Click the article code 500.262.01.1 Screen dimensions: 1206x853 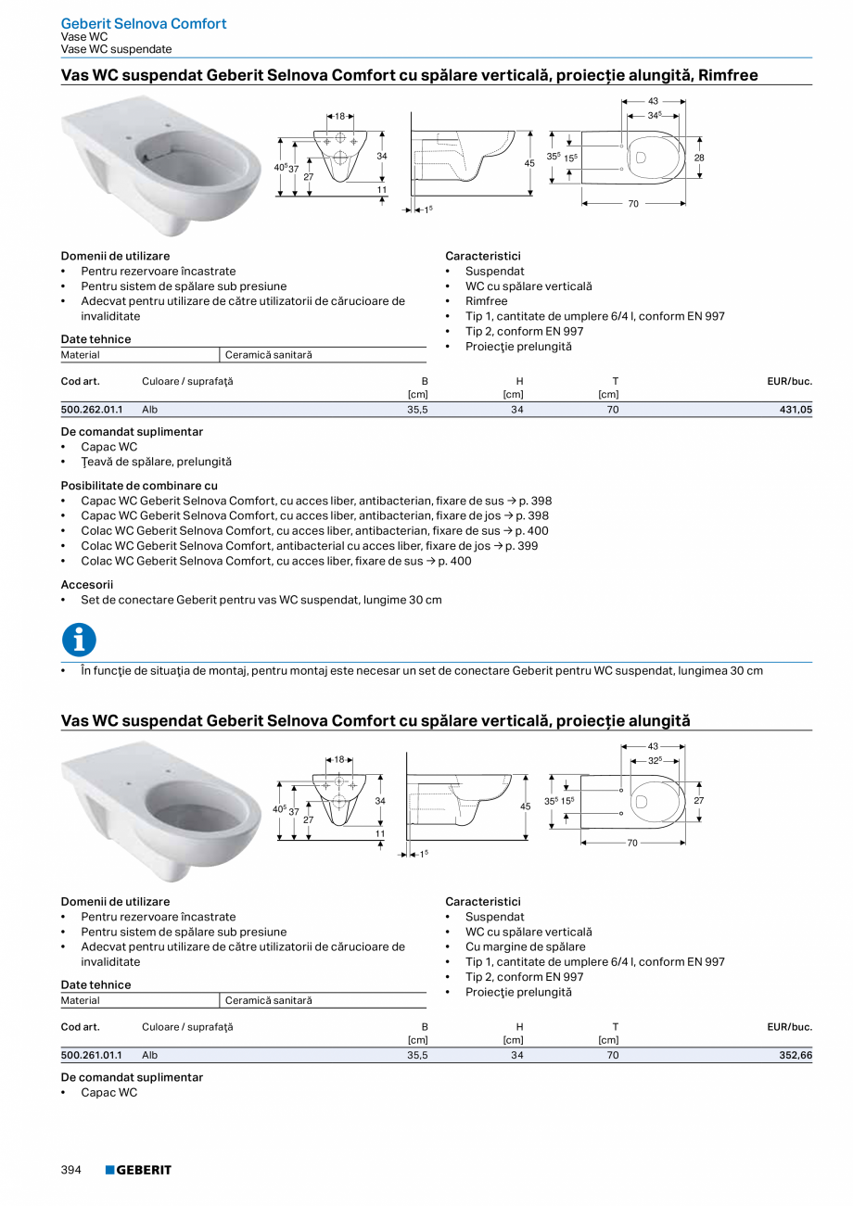click(91, 408)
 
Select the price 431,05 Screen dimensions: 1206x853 click(794, 408)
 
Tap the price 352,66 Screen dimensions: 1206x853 click(794, 1054)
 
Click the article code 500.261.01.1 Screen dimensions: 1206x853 click(91, 1054)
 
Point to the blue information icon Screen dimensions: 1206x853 click(79, 640)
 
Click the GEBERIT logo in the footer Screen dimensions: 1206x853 click(138, 1170)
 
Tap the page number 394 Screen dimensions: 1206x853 click(71, 1170)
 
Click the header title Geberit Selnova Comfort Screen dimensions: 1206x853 click(143, 23)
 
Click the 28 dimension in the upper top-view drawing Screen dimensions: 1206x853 click(699, 158)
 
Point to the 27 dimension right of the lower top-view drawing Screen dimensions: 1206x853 click(699, 800)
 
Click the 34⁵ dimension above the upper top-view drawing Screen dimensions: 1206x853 click(654, 115)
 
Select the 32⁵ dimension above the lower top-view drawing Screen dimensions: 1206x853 click(654, 760)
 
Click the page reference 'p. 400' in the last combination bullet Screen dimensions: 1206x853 click(454, 561)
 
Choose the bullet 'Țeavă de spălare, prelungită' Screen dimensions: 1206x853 click(156, 462)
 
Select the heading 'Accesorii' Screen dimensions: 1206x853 click(86, 585)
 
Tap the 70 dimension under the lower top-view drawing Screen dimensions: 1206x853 click(632, 844)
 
